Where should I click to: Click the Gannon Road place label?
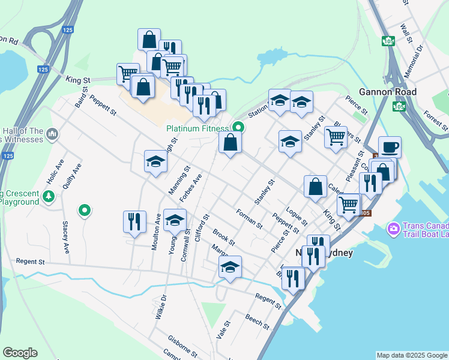387,92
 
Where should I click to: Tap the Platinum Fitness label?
197,128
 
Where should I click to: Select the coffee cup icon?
390,146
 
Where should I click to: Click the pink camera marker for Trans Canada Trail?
394,228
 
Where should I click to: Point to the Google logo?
20,353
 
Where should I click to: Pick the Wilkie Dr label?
160,307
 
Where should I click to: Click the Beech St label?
257,321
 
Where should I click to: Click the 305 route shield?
366,213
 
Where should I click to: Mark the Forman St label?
249,218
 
